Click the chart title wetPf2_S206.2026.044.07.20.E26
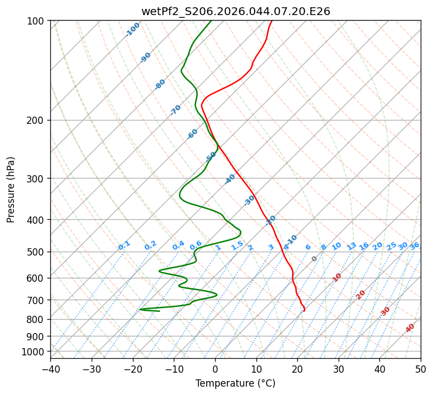[x=235, y=11]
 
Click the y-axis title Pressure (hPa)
[x=11, y=190]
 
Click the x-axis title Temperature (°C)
[x=235, y=384]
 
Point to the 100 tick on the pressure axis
[x=38, y=21]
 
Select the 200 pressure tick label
[x=38, y=121]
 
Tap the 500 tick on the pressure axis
[x=38, y=252]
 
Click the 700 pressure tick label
[x=38, y=300]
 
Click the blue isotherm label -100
[x=133, y=29]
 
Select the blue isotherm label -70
[x=175, y=110]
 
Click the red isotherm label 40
[x=410, y=328]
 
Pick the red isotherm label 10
[x=337, y=277]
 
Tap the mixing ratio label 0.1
[x=124, y=245]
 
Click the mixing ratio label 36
[x=415, y=245]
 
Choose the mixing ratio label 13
[x=351, y=246]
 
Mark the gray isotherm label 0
[x=315, y=259]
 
